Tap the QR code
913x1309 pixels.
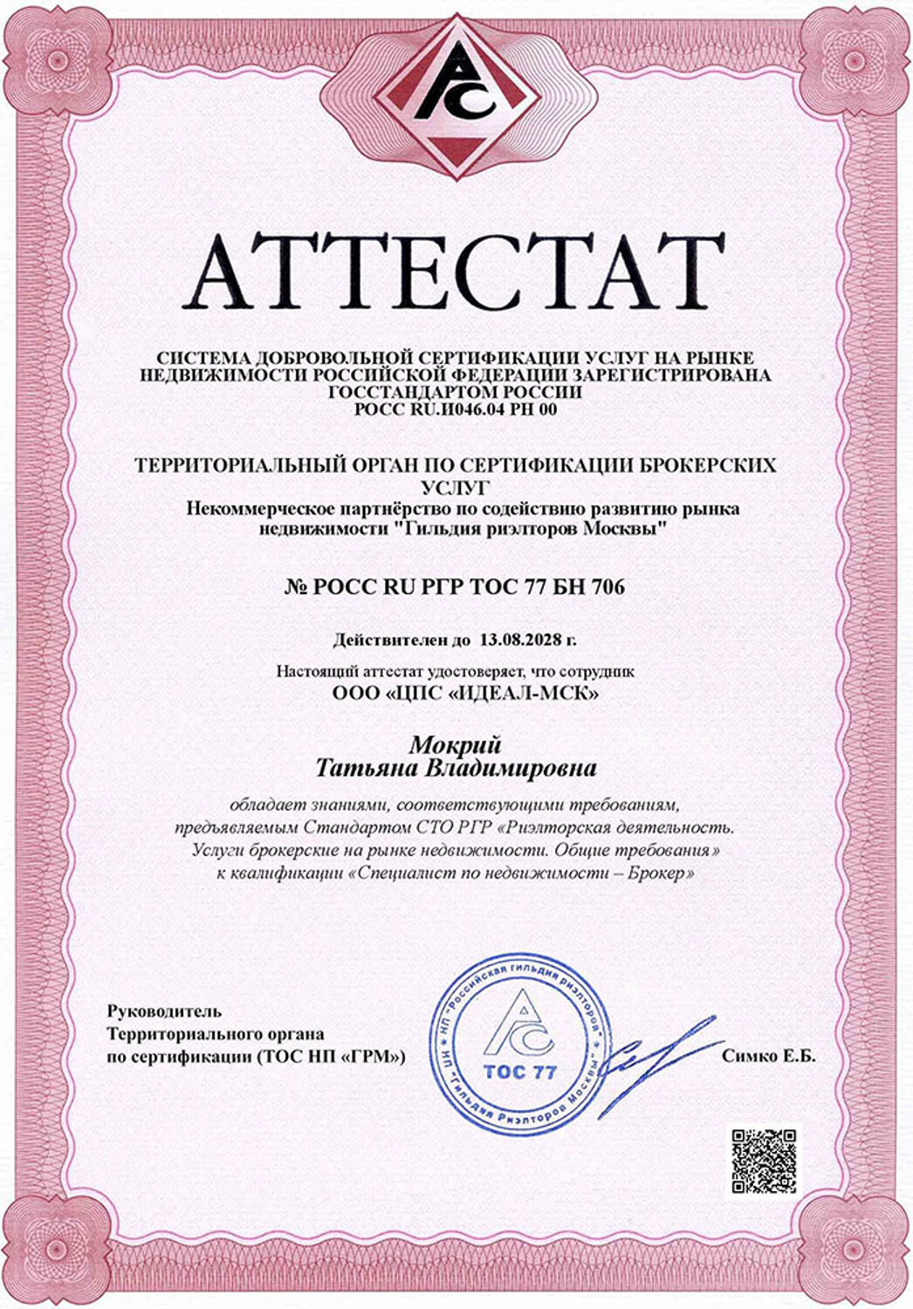coord(764,1160)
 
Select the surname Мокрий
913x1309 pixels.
coord(456,744)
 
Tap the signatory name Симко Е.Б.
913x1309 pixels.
coord(768,1056)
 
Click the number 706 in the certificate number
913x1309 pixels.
coord(608,587)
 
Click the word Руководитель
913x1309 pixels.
coord(164,1011)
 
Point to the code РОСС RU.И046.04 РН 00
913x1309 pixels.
coord(456,408)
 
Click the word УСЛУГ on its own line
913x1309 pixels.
coord(456,486)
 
